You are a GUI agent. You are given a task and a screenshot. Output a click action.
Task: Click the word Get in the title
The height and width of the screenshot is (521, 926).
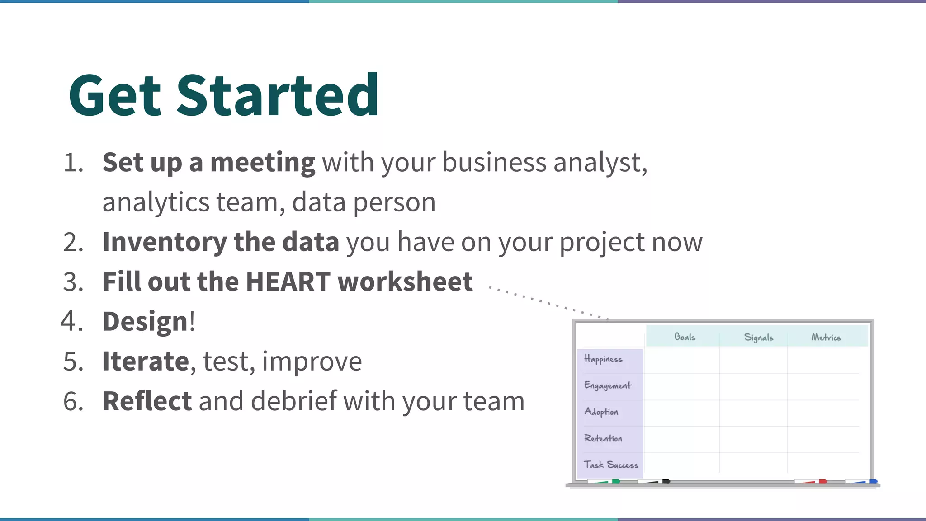(115, 96)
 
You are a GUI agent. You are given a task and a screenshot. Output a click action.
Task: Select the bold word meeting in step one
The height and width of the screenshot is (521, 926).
(263, 163)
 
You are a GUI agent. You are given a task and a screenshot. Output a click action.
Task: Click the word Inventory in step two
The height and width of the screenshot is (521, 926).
(164, 242)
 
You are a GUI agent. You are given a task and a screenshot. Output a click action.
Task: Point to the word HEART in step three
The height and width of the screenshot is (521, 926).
(288, 282)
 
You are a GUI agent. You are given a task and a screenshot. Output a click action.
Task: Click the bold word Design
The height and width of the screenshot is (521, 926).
(145, 322)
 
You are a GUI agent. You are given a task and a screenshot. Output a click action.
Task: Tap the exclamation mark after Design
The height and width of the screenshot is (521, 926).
(192, 322)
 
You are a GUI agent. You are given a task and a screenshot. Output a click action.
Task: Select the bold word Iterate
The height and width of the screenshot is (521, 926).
(146, 361)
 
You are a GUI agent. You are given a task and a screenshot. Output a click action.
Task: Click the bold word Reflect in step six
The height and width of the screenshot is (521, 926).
(147, 401)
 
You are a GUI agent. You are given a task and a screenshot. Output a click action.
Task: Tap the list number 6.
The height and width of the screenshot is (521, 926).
(73, 401)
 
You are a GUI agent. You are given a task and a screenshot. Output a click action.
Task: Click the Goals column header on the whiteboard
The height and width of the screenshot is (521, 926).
(685, 337)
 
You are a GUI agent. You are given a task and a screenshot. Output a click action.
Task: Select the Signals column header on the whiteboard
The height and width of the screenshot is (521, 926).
(759, 338)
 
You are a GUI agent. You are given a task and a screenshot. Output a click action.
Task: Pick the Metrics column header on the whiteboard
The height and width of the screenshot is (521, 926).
(826, 338)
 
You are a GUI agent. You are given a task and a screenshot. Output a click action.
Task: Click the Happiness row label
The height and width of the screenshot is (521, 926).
(603, 359)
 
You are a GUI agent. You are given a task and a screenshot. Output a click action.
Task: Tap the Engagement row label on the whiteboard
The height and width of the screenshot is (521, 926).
(607, 385)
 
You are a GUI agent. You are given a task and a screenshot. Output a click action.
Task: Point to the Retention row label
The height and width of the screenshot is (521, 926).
(603, 438)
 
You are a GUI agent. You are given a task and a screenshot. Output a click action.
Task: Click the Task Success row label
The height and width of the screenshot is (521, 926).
(610, 465)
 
